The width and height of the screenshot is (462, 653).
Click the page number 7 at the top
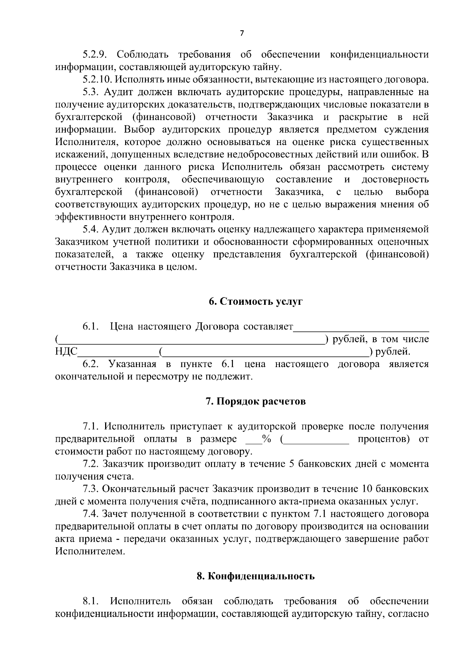pyautogui.click(x=241, y=33)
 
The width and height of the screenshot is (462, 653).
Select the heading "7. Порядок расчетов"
pyautogui.click(x=256, y=402)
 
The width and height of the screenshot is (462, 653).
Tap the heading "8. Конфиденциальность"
pyautogui.click(x=256, y=576)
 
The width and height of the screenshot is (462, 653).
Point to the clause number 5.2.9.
pyautogui.click(x=95, y=55)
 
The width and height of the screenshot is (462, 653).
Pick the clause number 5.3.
pyautogui.click(x=91, y=92)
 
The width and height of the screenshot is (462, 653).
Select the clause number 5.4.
pyautogui.click(x=91, y=230)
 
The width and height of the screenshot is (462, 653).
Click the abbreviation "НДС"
pyautogui.click(x=66, y=352)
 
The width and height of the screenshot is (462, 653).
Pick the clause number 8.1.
pyautogui.click(x=91, y=601)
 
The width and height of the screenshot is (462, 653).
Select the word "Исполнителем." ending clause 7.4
pyautogui.click(x=90, y=551)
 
